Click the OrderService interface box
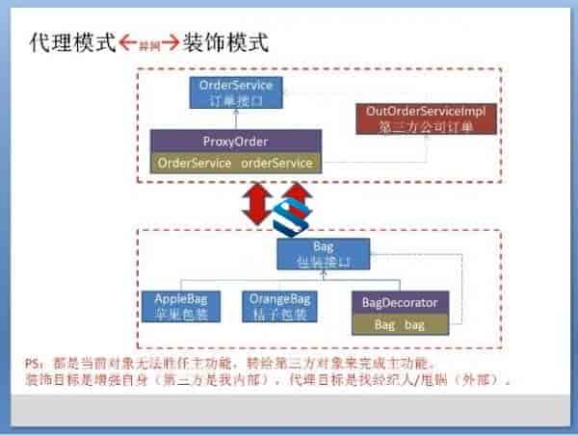[x=236, y=92]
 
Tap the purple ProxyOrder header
[x=237, y=141]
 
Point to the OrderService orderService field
[x=235, y=163]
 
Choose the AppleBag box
[x=174, y=306]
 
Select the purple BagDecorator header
[x=400, y=303]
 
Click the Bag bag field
[x=400, y=324]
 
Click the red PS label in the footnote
[x=33, y=366]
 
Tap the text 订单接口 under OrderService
[x=236, y=100]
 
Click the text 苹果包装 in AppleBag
[x=174, y=315]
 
